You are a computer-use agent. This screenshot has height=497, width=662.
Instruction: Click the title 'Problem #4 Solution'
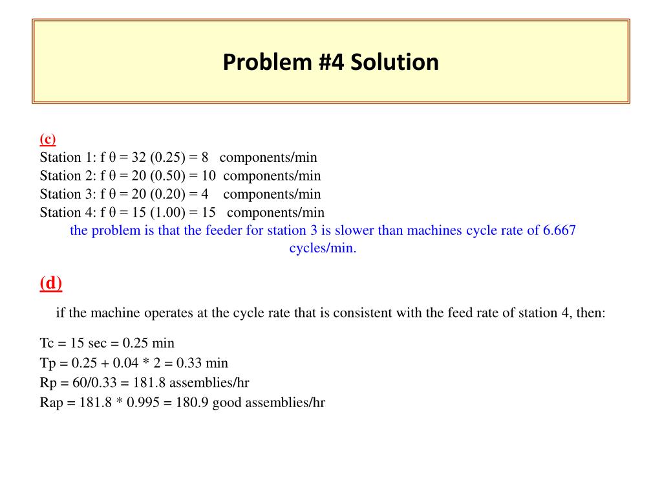(330, 63)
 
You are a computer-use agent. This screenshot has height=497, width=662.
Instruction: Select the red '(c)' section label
(48, 138)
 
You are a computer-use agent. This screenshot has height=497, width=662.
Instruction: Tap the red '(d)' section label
(50, 283)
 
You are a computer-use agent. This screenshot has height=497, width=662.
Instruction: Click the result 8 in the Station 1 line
(204, 157)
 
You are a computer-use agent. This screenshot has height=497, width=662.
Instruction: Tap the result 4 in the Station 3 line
(204, 194)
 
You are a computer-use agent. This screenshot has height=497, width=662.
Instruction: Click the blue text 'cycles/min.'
(323, 248)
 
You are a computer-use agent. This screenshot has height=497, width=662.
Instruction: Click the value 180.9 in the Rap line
(195, 403)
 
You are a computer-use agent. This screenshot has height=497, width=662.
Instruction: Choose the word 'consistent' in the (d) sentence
(363, 313)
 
